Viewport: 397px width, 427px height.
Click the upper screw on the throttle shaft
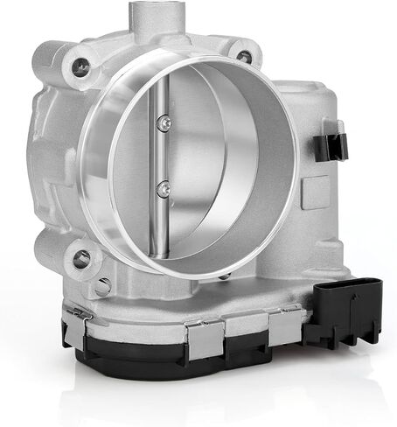(164, 125)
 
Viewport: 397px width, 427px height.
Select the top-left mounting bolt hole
(80, 64)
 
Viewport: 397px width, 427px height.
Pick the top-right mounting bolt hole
(244, 57)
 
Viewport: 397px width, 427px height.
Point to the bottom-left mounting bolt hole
(80, 259)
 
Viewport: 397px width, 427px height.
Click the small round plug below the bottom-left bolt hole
(103, 286)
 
